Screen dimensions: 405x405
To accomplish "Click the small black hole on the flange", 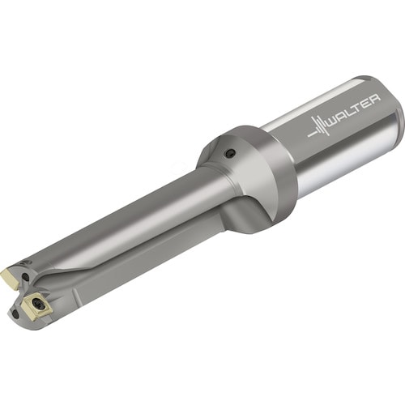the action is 230,153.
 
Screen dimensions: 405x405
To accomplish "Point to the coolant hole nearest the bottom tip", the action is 15,313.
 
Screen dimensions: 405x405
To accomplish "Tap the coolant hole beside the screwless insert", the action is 25,276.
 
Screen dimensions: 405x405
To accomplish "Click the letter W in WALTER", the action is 333,122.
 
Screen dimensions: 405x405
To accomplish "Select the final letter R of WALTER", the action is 376,99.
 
